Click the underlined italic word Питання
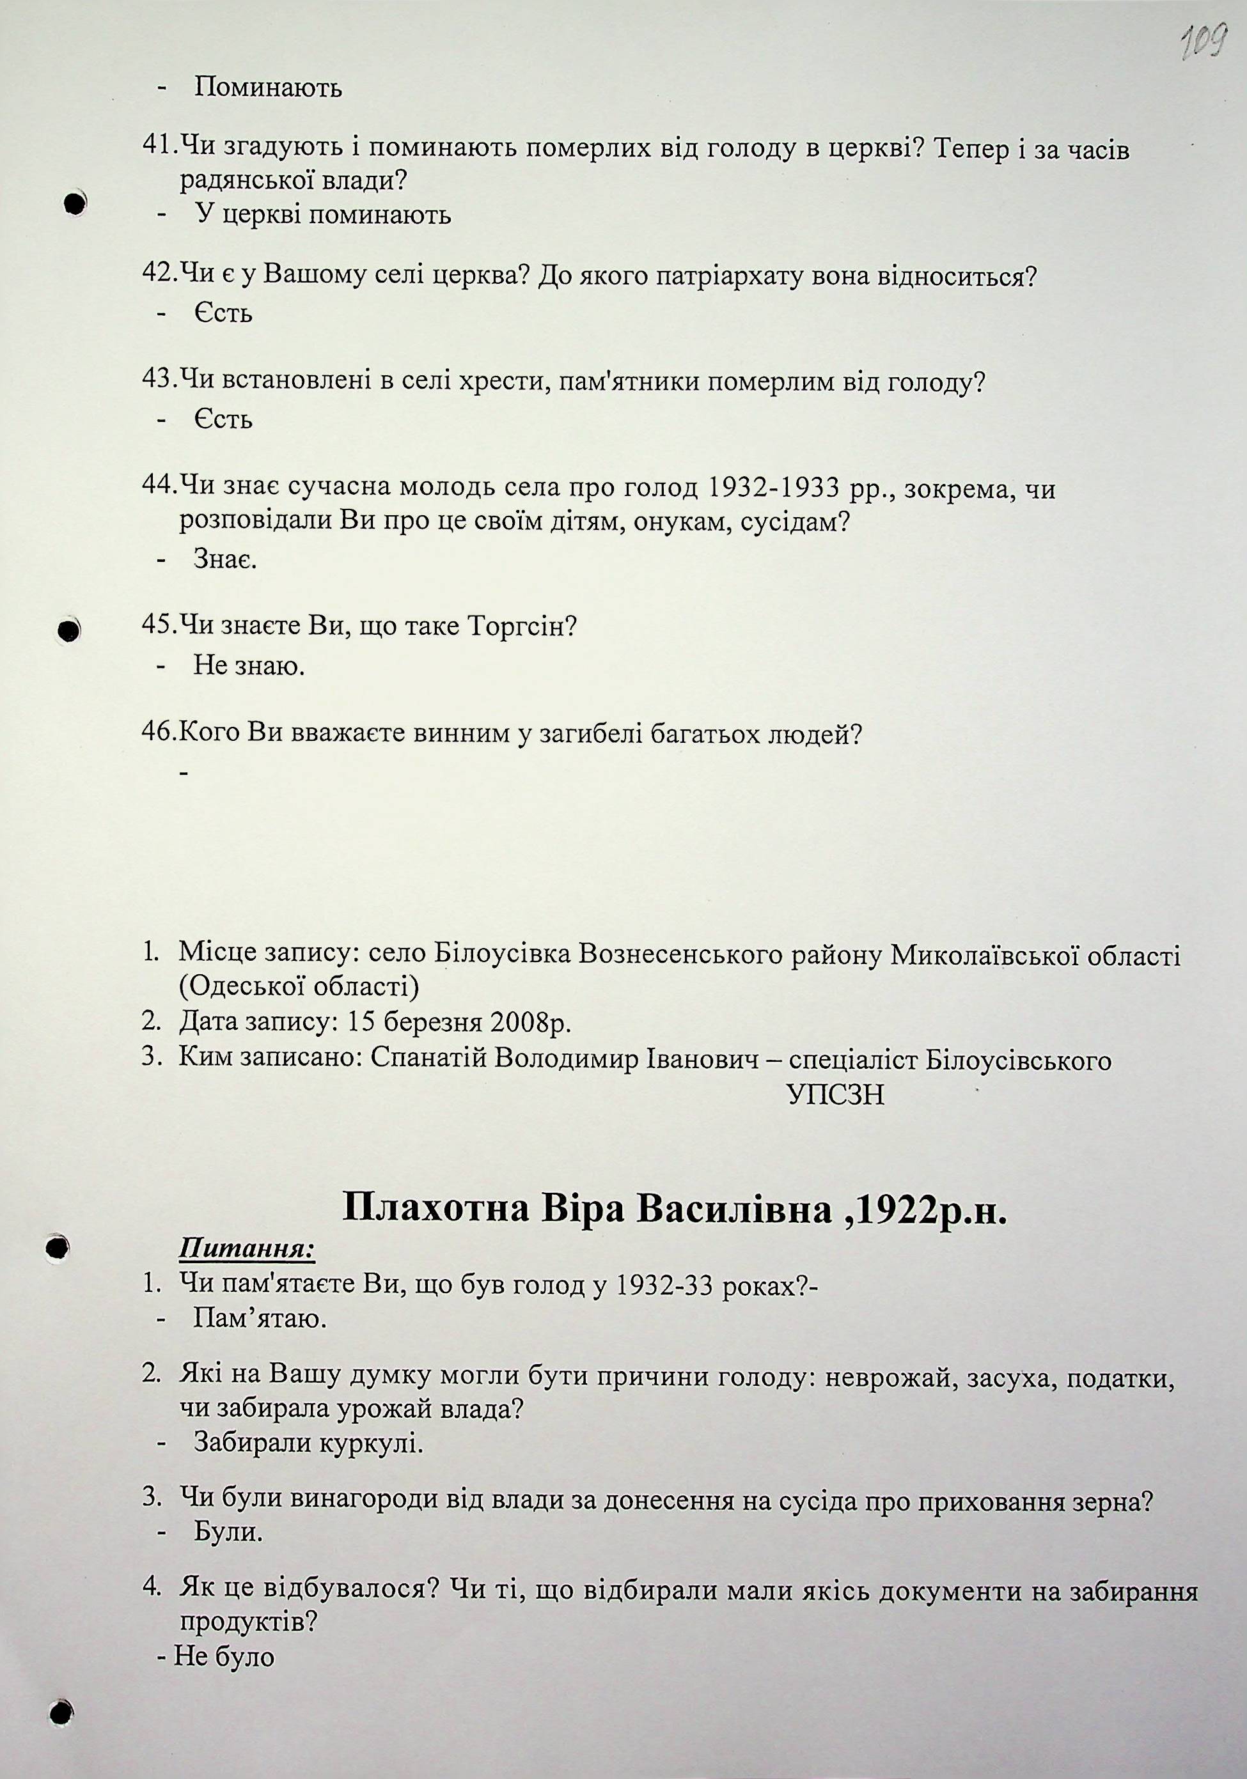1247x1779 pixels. pos(246,1249)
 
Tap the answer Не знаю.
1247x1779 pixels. pos(249,665)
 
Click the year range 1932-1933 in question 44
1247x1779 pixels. pos(774,488)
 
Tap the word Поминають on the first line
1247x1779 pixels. pos(267,88)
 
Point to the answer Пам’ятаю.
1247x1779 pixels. pos(260,1319)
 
